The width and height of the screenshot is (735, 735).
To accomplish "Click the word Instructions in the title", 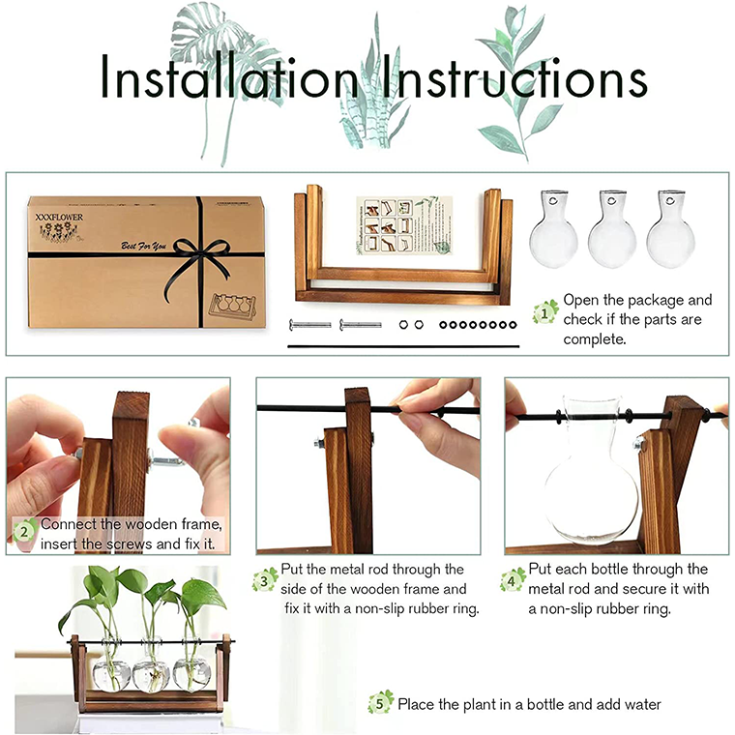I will pos(515,81).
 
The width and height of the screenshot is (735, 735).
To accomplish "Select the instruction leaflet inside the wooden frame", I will pos(397,225).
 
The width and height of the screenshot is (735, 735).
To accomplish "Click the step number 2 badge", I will pos(25,530).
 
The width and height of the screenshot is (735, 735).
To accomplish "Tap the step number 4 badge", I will pos(513,580).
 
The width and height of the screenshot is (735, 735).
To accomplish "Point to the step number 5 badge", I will pos(381,703).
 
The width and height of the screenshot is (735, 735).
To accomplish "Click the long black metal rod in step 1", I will pos(404,345).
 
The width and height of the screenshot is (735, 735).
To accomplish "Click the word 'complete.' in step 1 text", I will pos(597,339).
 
